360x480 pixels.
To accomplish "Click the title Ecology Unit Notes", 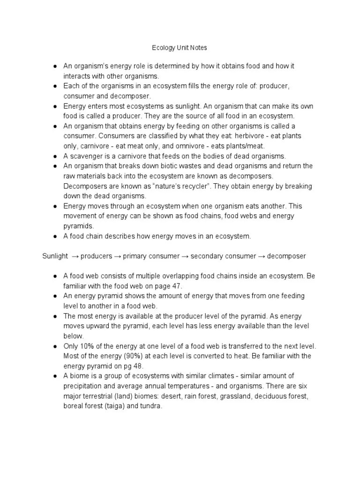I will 180,48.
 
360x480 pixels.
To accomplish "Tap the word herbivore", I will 238,136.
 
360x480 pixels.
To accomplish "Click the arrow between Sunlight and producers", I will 75,256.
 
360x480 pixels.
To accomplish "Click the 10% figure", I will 88,346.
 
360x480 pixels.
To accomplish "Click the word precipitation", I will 82,386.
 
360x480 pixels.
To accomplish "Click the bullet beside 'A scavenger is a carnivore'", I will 55,156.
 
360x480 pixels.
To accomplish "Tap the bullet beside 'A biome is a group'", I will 55,376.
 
